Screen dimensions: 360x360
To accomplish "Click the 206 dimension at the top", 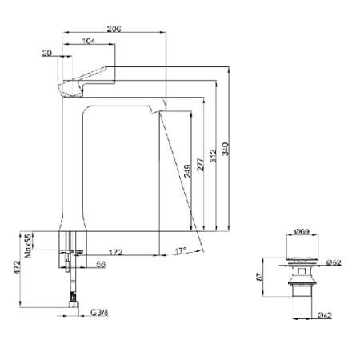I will [x=114, y=27].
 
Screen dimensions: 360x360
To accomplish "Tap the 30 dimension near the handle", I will [x=47, y=52].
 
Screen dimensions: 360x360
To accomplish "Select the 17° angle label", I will [x=180, y=251].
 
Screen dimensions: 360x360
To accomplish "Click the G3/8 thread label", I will [x=99, y=312].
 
